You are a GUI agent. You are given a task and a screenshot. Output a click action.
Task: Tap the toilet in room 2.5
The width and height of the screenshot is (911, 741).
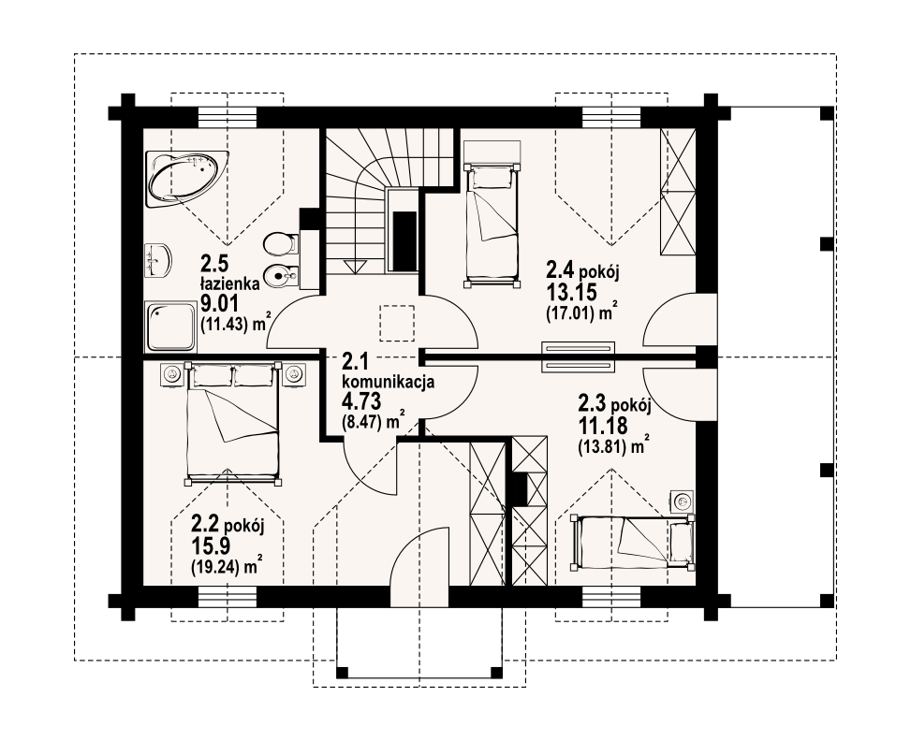click(x=280, y=244)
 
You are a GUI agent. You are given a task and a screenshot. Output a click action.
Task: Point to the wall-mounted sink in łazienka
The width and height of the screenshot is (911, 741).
click(x=157, y=259)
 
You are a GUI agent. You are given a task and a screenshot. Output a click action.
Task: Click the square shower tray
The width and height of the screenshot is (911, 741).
click(x=170, y=327)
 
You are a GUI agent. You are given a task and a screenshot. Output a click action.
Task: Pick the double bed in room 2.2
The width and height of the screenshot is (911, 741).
click(x=232, y=424)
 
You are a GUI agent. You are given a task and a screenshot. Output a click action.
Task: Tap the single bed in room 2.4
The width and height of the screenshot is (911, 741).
click(x=491, y=225)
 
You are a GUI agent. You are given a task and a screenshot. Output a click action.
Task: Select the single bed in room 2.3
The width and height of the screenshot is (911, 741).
click(x=632, y=540)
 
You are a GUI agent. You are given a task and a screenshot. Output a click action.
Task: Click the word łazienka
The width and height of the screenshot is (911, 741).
click(x=229, y=284)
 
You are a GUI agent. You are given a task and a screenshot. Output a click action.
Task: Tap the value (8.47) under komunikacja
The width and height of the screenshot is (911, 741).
click(x=365, y=422)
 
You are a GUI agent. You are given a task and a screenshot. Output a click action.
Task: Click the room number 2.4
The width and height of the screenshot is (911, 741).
click(x=560, y=270)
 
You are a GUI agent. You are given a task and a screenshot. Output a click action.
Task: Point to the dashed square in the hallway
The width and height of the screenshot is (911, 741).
click(x=397, y=323)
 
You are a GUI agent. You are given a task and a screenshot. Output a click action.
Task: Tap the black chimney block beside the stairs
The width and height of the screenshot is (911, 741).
click(x=404, y=240)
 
